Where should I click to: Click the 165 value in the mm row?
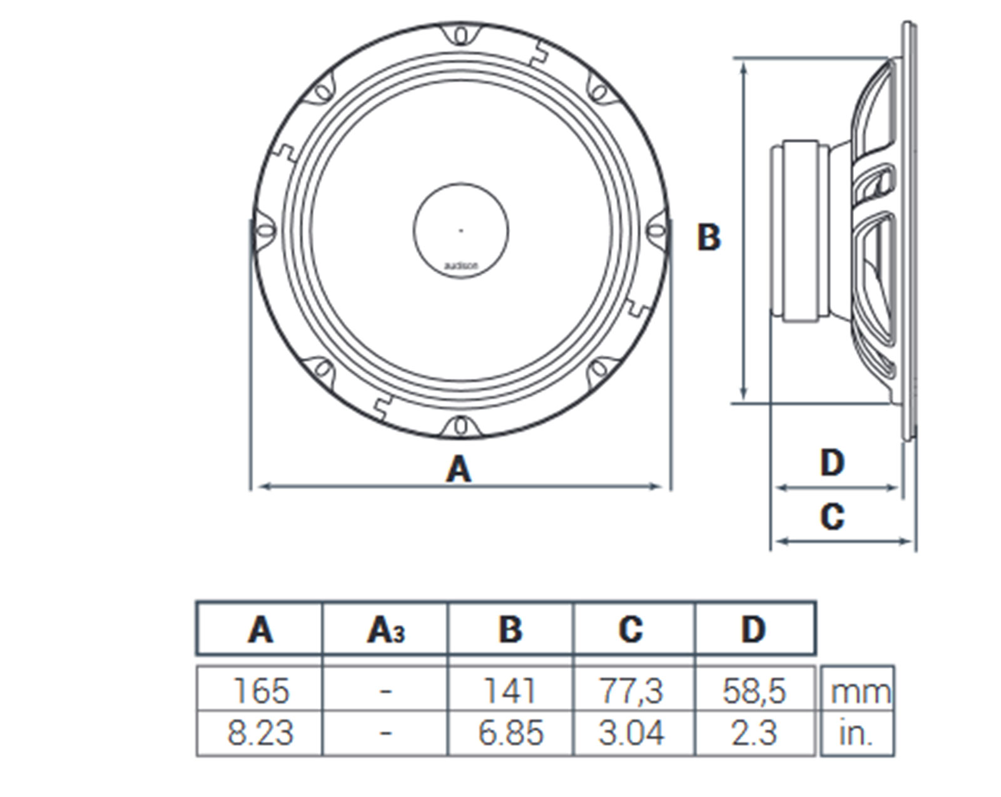pos(261,691)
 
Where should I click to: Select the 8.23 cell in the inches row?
pos(260,733)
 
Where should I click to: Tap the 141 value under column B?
pos(510,691)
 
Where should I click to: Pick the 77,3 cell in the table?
pos(631,691)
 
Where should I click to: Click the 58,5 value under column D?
pos(754,691)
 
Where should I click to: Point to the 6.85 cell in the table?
pos(510,733)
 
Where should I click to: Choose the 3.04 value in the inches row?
pos(631,733)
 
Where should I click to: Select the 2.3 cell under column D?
pos(754,733)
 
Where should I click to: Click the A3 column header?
pos(385,630)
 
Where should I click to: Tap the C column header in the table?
pos(631,629)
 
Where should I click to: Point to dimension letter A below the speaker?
pos(459,469)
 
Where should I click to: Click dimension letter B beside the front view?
pos(709,238)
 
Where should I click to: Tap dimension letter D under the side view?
pos(832,463)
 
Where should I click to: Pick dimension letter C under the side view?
pos(832,517)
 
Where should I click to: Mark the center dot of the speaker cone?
pos(461,230)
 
